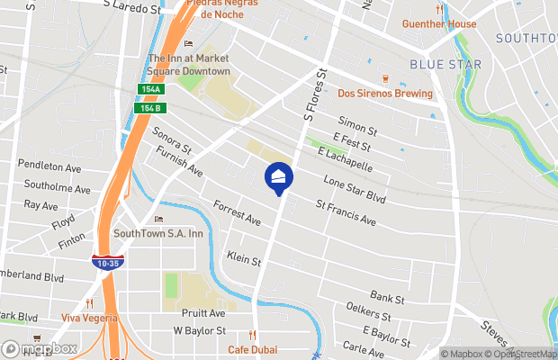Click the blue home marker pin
click(x=279, y=178)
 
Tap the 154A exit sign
click(x=150, y=89)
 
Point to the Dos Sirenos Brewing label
click(x=384, y=94)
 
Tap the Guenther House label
click(x=438, y=24)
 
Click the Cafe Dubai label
click(x=250, y=349)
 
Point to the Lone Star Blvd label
click(x=354, y=188)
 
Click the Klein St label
click(x=244, y=259)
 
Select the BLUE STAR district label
click(x=445, y=65)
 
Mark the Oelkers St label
click(x=368, y=314)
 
